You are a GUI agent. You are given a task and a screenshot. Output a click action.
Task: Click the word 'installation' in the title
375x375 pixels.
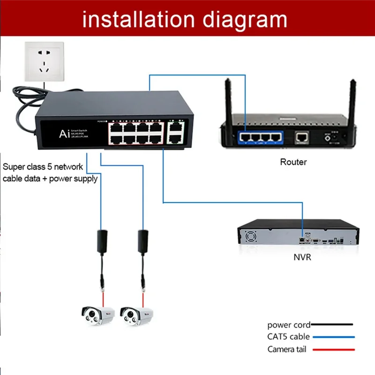139,19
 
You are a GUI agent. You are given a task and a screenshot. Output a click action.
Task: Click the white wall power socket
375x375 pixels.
45,61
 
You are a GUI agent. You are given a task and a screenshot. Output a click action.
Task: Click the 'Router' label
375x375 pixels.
293,162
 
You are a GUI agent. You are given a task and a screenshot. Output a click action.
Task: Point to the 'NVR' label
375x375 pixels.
302,257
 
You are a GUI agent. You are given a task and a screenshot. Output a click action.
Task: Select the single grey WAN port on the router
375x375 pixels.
301,137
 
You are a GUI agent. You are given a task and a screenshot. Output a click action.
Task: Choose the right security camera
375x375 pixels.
136,315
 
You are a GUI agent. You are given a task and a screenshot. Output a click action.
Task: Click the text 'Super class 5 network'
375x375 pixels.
43,166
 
